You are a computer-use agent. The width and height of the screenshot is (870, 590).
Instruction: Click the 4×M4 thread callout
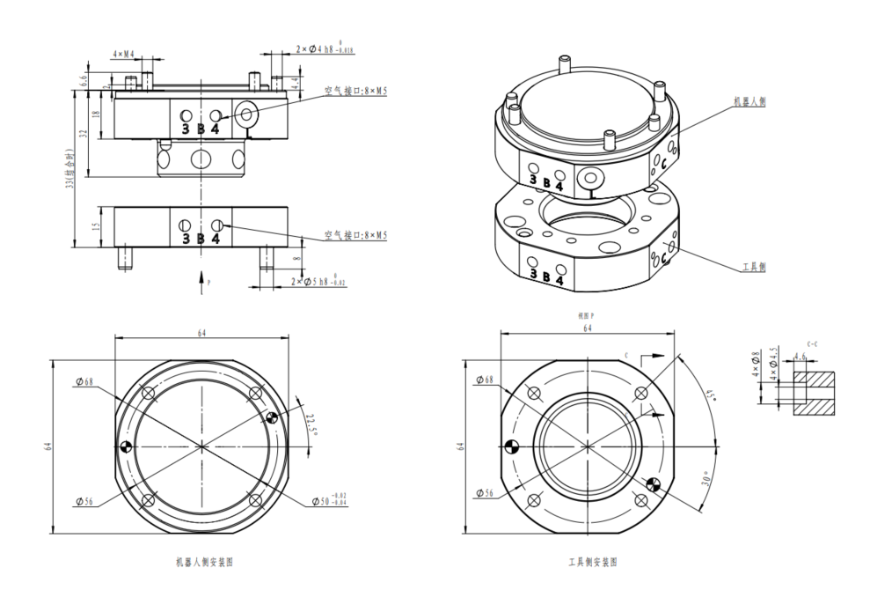click(x=124, y=55)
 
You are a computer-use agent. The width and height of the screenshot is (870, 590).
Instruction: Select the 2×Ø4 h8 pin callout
click(x=325, y=48)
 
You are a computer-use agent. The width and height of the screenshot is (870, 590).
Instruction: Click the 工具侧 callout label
click(x=753, y=267)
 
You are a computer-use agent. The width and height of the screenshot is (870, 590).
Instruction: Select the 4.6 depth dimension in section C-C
click(x=800, y=357)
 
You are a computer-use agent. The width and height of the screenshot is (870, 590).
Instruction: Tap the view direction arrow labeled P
click(x=205, y=280)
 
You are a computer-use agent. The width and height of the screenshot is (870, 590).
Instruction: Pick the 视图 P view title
click(x=586, y=314)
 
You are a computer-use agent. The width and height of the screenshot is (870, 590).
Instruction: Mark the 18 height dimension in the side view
click(x=96, y=113)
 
